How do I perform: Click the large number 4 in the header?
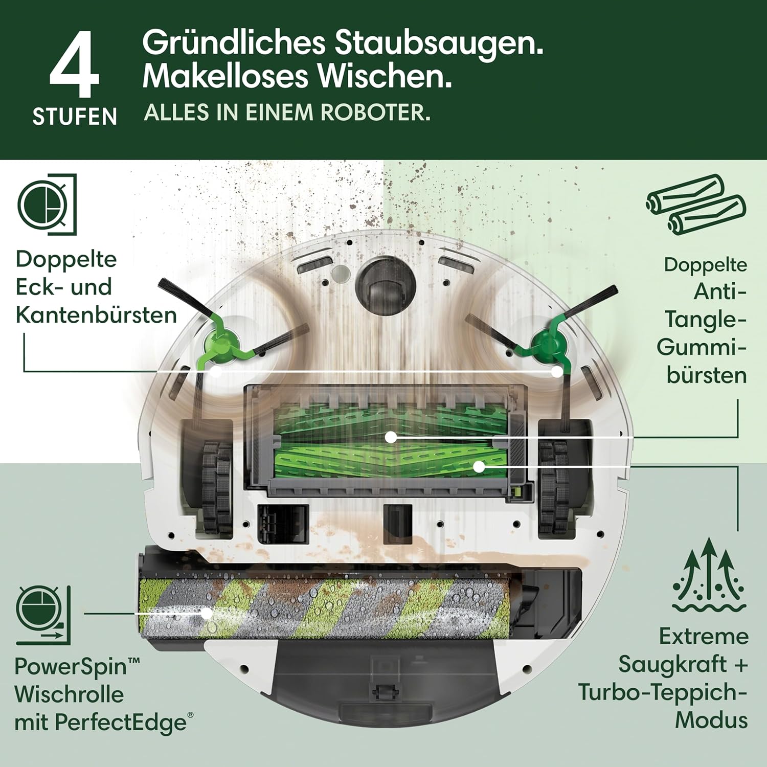[x=75, y=64]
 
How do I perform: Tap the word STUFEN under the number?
[x=75, y=117]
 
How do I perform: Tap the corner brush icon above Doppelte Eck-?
[x=47, y=205]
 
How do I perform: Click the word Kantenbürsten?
[x=96, y=315]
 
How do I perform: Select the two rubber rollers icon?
[x=695, y=204]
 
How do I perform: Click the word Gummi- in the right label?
[x=702, y=348]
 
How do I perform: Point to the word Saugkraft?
[x=672, y=664]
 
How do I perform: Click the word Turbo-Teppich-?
[x=663, y=692]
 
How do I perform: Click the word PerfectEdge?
[x=121, y=723]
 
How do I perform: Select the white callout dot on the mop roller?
[x=206, y=613]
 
